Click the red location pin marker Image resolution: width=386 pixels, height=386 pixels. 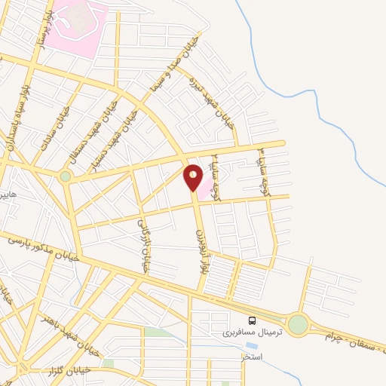click(193, 178)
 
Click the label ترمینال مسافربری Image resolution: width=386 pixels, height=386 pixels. click(252, 331)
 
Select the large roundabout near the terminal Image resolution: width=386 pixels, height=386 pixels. click(298, 325)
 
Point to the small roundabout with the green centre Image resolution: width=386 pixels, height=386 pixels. click(66, 176)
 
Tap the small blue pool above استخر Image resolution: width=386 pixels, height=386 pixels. click(250, 346)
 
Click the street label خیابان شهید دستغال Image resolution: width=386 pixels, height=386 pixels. click(91, 132)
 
